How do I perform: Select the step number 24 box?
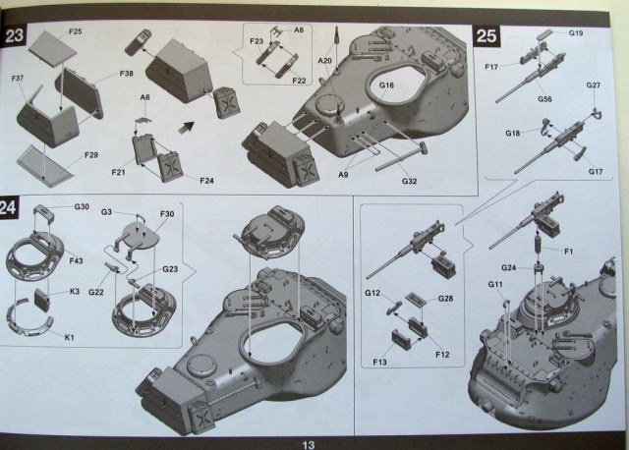14,207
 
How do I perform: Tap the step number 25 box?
487,37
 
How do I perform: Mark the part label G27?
593,85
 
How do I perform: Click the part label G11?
494,285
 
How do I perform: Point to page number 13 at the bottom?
308,443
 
